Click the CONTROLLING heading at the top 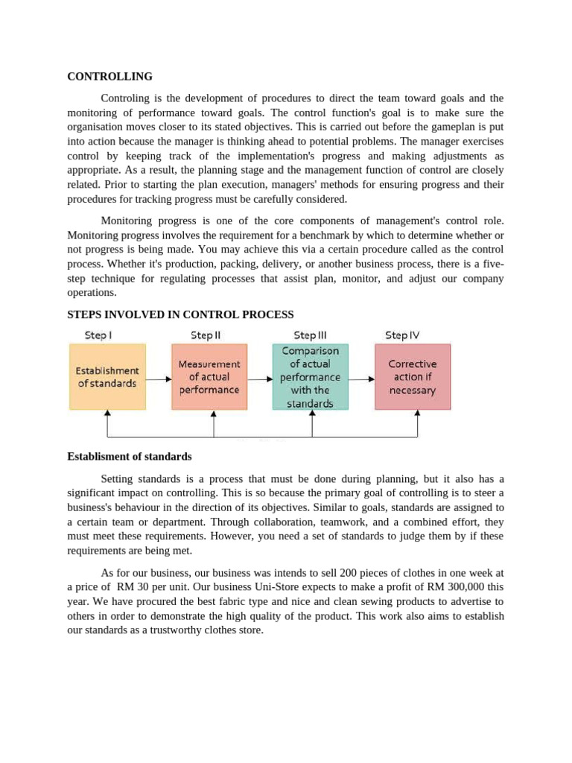[x=109, y=77]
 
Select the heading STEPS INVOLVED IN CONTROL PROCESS [x=180, y=314]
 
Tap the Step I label [x=98, y=335]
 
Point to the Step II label [x=206, y=335]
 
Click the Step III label [x=310, y=335]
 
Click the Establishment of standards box [x=108, y=376]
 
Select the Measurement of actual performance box [x=209, y=376]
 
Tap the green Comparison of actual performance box [x=310, y=376]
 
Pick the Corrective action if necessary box [x=413, y=376]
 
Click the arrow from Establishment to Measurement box [x=158, y=379]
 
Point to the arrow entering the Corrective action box [x=361, y=379]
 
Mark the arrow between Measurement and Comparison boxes [x=260, y=379]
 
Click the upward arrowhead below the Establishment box [x=108, y=413]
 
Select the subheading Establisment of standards [x=130, y=456]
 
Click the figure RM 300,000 [x=459, y=587]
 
